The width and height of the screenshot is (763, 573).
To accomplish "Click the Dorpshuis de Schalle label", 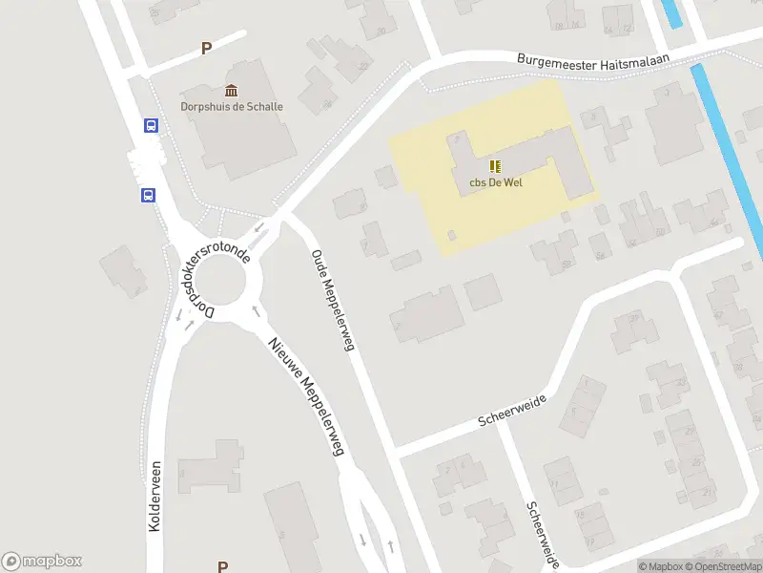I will pos(232,106).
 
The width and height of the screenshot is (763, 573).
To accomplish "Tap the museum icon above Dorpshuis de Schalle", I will pos(232,90).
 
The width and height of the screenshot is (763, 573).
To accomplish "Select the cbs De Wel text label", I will pos(495,183).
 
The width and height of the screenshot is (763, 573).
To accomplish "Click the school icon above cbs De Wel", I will pos(495,166).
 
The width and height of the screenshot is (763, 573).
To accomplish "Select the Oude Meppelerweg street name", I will pos(333,300).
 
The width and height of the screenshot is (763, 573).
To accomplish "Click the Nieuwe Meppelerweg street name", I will pos(305,395).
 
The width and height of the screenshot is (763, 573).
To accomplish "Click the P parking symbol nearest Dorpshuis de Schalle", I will pos(205,49).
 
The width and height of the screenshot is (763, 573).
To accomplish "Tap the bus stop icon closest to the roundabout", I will pos(149,195).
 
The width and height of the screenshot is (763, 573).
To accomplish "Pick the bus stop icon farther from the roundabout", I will pos(151,125).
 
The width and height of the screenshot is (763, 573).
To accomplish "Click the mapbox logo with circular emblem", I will pos(42,562).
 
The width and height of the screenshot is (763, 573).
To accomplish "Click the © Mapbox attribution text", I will pos(660,566).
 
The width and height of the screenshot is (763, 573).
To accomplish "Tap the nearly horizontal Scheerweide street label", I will pos(511,411).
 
